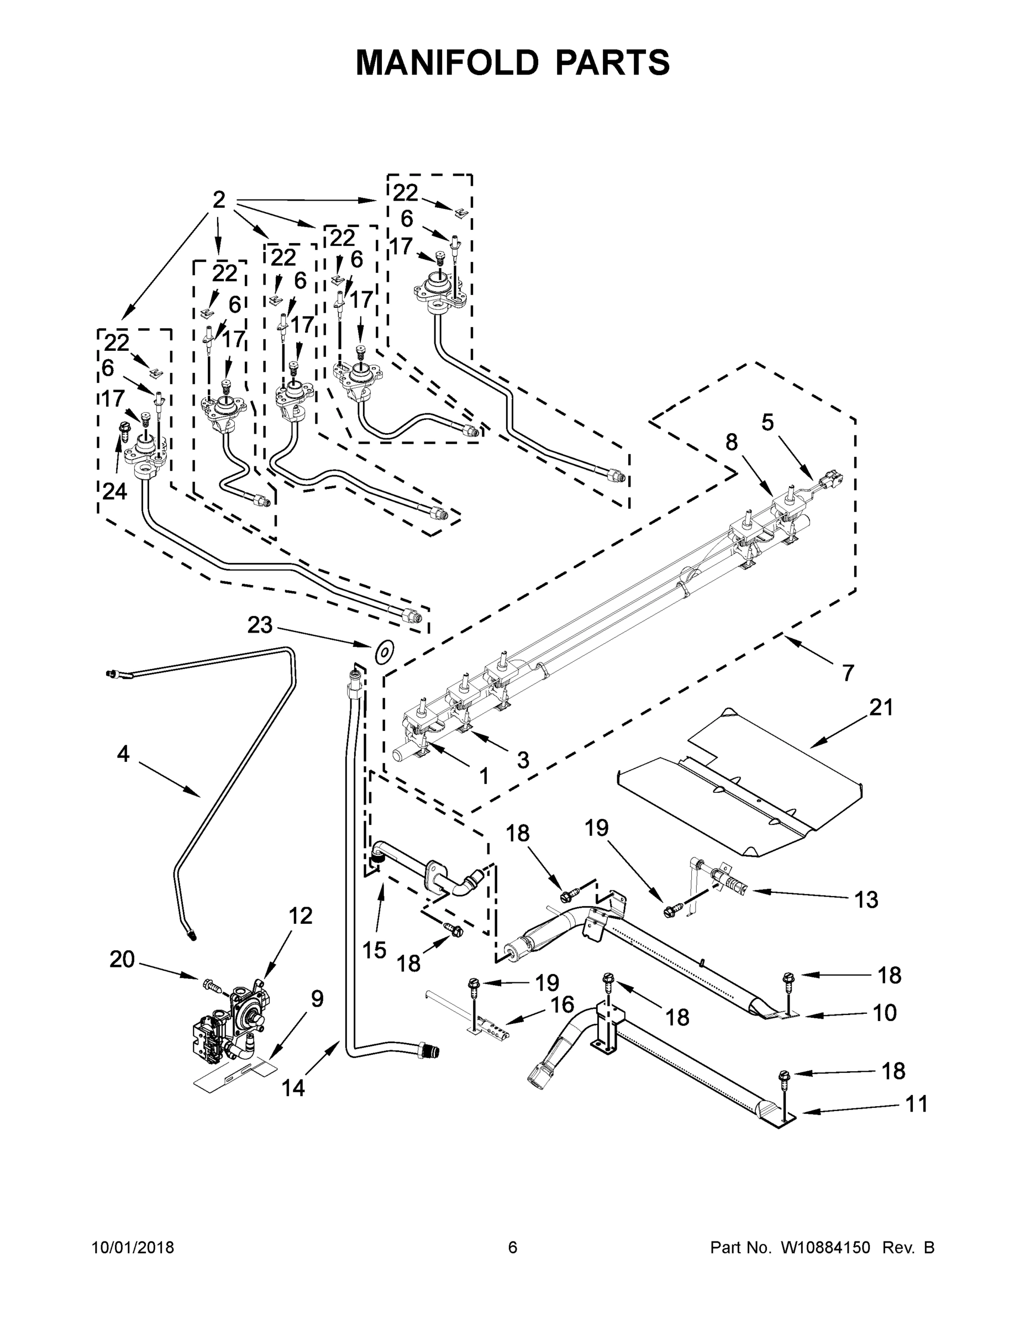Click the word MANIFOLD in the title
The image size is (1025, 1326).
click(x=446, y=62)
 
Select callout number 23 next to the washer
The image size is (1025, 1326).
click(x=260, y=625)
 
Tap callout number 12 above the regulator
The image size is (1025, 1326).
click(x=300, y=915)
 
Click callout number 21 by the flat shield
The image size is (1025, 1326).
click(x=881, y=707)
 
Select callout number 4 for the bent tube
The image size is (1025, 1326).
click(x=123, y=754)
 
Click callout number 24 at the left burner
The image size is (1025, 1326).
click(x=114, y=491)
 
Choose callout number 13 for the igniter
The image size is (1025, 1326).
click(x=866, y=899)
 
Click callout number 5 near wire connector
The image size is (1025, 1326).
click(x=768, y=423)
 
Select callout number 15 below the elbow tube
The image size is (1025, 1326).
click(x=375, y=950)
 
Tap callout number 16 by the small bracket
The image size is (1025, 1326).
click(x=563, y=1004)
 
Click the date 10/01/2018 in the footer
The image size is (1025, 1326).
click(x=133, y=1247)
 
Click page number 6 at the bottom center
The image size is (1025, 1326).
click(x=513, y=1247)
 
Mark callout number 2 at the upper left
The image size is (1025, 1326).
click(x=219, y=199)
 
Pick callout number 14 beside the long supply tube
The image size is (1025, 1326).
click(x=293, y=1088)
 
